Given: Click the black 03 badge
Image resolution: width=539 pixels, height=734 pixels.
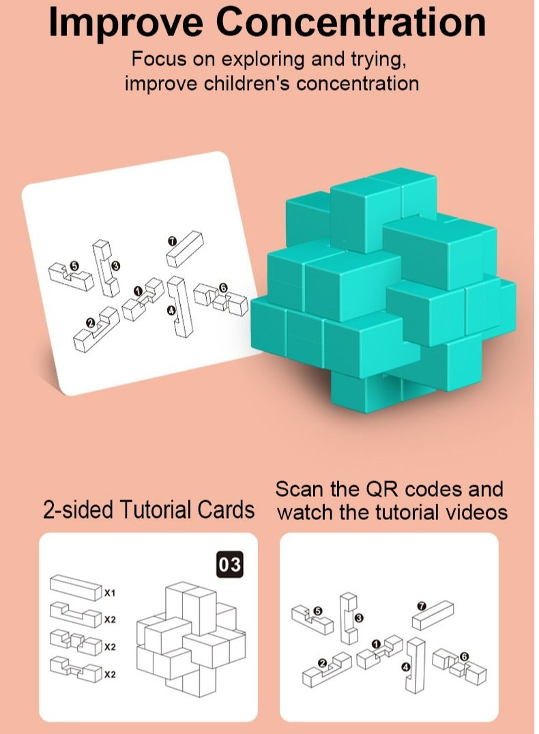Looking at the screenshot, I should click(229, 565).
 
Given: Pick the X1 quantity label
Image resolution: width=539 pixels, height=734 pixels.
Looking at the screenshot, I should click(110, 593).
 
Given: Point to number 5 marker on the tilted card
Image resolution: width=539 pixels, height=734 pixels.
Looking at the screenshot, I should click(75, 266).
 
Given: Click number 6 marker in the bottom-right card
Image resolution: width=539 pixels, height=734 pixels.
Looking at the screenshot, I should click(465, 657).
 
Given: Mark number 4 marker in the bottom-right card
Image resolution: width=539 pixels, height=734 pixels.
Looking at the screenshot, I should click(407, 669).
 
